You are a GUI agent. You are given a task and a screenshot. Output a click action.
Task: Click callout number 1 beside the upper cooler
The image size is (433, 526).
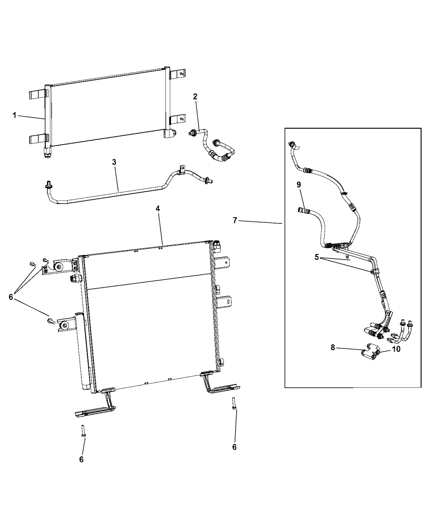(x=14, y=115)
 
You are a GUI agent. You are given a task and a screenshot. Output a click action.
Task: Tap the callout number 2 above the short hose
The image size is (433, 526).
(x=195, y=97)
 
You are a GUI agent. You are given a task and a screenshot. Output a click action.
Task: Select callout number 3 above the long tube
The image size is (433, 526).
(x=114, y=162)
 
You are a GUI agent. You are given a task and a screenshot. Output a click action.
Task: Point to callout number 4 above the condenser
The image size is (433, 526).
(x=158, y=209)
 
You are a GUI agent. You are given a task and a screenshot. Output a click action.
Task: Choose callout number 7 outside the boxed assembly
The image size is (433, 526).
(x=235, y=221)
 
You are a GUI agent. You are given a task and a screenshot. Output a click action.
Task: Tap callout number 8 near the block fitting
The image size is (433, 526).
(x=333, y=347)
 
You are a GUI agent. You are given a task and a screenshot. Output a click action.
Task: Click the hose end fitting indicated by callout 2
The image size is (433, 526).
(x=193, y=133)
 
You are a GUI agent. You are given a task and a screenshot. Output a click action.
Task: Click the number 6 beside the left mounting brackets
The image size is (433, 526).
(x=11, y=296)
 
